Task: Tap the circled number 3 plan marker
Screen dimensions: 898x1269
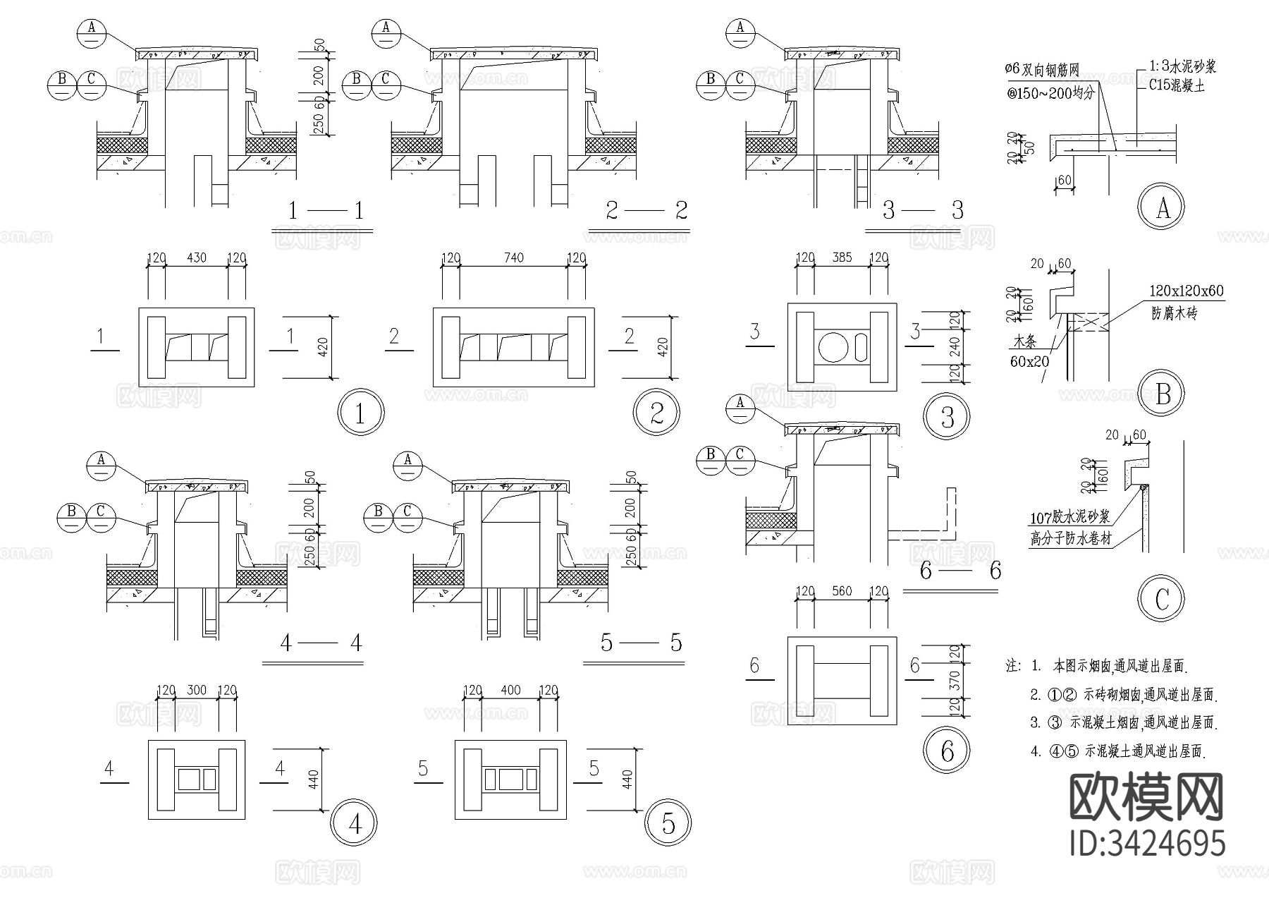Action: pos(947,418)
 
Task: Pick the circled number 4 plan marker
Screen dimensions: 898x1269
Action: pos(355,823)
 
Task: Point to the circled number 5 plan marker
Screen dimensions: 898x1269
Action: pos(668,823)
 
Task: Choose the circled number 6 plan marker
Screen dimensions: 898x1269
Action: pos(947,751)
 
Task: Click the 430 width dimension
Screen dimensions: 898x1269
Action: pos(196,258)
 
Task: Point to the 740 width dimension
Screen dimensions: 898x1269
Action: pos(514,258)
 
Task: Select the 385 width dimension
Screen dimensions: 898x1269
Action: pos(842,258)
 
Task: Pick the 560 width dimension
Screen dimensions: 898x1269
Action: pos(842,592)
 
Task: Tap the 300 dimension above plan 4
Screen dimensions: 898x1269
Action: pos(197,690)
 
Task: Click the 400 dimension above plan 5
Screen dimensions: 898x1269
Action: pos(510,690)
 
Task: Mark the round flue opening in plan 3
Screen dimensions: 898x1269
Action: pos(833,347)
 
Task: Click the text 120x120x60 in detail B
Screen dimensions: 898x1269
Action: pos(1187,291)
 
